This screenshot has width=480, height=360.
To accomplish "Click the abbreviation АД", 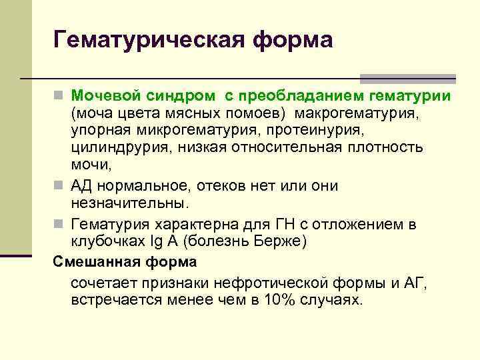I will click(81, 186).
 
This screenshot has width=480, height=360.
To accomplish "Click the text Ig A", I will click(158, 241).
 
